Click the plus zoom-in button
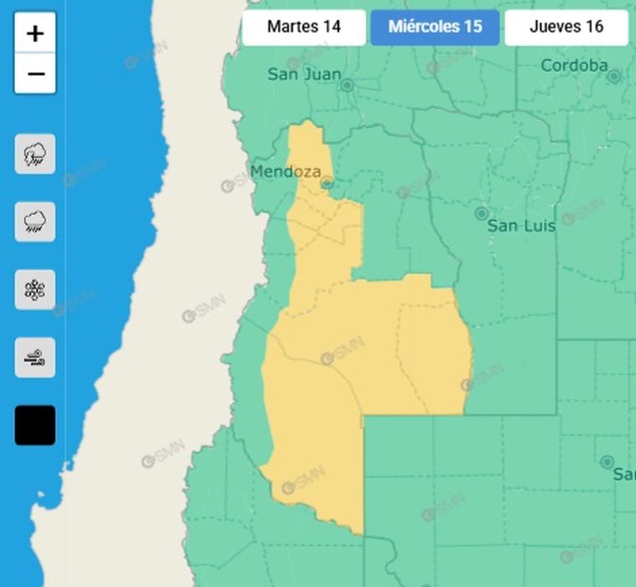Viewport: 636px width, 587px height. point(35,33)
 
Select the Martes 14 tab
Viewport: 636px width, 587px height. point(304,27)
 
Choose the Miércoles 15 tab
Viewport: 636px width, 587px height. point(435,27)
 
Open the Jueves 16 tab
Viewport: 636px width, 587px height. point(566,27)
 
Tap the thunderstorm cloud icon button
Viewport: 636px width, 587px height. point(35,154)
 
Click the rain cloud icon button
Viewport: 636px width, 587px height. point(35,222)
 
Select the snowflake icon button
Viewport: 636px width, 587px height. point(35,289)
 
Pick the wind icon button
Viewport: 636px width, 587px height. point(35,358)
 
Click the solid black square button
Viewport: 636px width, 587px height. point(35,425)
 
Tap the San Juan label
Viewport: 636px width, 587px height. point(304,74)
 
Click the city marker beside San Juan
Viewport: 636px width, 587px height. point(348,85)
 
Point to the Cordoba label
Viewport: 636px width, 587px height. point(574,65)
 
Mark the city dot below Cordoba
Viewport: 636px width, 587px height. point(613,77)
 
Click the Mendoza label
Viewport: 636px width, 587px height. point(285,171)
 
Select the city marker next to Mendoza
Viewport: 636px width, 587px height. point(327,183)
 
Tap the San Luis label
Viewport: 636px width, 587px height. point(521,226)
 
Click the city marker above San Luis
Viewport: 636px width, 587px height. point(481,214)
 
